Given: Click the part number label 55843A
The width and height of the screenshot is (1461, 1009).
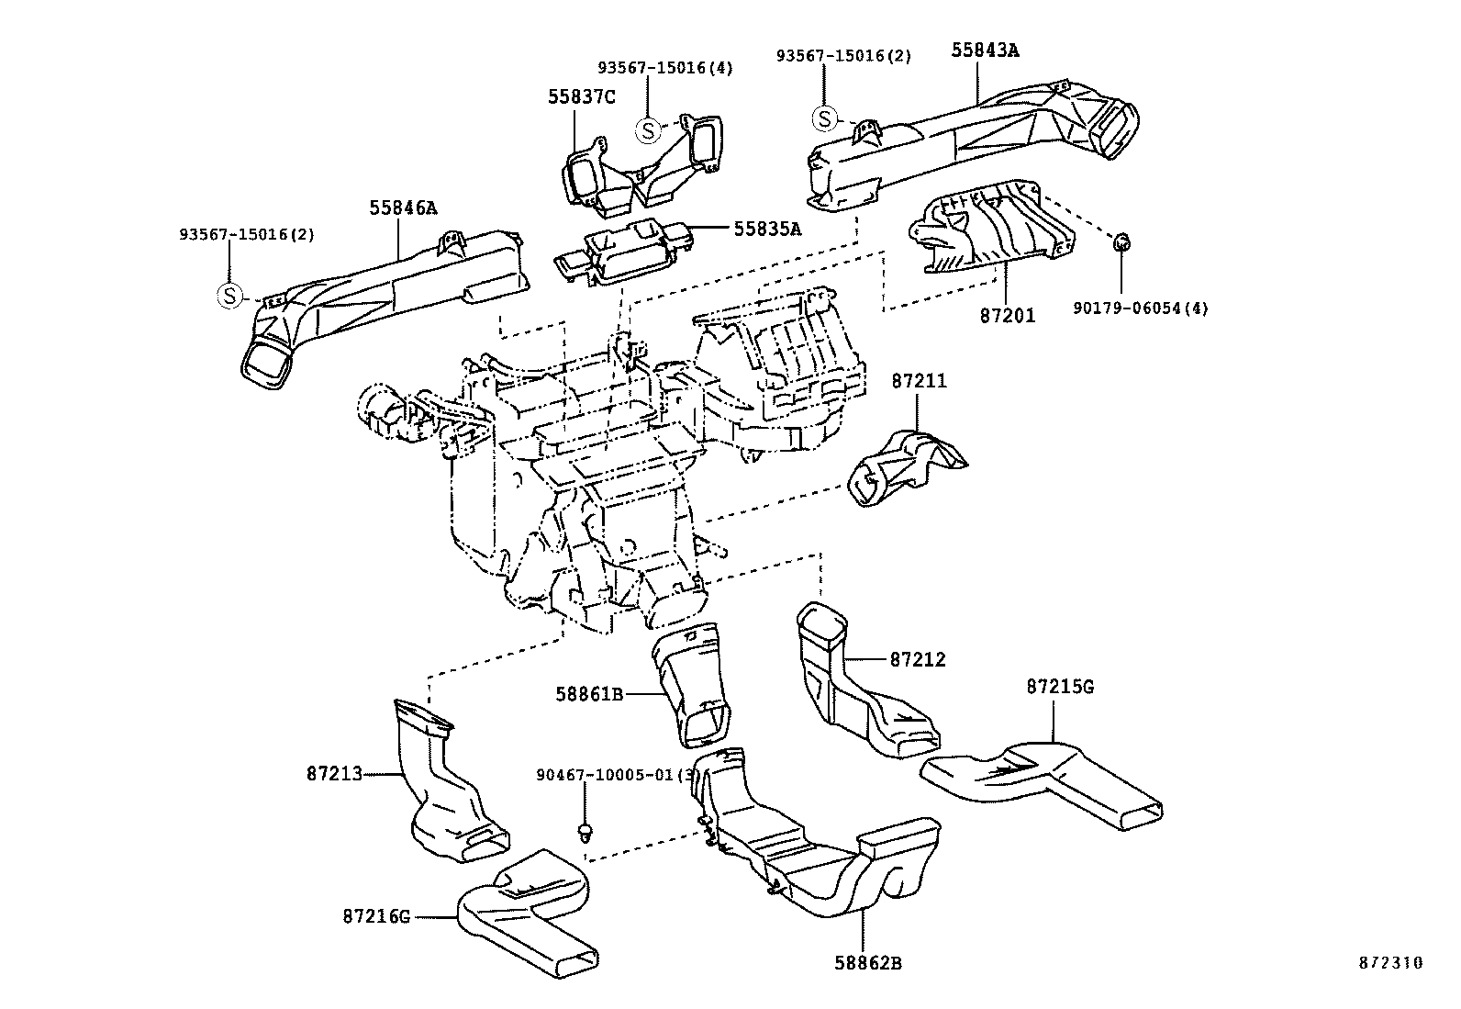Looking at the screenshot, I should (x=984, y=50).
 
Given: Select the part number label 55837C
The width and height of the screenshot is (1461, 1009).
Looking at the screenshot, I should (x=582, y=96).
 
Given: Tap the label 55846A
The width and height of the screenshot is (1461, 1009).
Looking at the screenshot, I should (x=404, y=208).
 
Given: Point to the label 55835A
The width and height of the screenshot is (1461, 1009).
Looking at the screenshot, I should (x=766, y=229).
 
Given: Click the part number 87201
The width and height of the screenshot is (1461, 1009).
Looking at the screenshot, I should (x=1008, y=315).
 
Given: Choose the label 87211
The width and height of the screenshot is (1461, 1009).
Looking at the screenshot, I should (x=919, y=380).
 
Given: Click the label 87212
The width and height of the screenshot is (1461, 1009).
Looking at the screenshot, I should (x=917, y=659).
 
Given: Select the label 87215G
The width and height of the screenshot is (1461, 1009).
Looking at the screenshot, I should (x=1060, y=687).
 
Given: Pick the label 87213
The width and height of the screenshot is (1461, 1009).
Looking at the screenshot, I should (x=336, y=774).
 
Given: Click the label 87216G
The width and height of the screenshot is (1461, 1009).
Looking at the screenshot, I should (x=376, y=915).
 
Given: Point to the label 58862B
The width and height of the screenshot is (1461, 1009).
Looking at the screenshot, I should (x=868, y=963).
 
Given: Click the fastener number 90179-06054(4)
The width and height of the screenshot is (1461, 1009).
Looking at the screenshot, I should (x=1140, y=308).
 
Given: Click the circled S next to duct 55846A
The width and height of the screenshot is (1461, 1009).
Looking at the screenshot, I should (x=229, y=296).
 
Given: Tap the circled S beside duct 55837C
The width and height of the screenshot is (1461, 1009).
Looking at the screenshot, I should (x=649, y=131).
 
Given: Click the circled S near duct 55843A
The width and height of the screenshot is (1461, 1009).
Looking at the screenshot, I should (x=825, y=118).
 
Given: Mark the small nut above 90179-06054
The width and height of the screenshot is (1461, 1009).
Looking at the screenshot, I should (x=1121, y=243).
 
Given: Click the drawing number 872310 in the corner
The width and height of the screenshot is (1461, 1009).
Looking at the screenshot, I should (x=1389, y=963).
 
